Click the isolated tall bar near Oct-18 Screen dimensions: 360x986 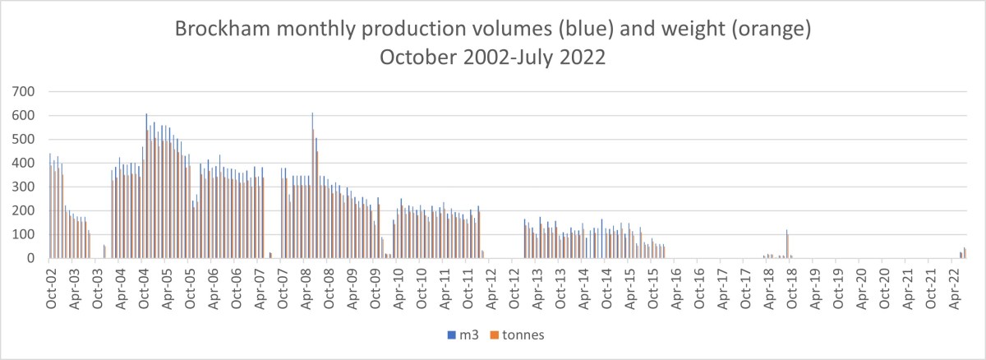pos(787,245)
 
